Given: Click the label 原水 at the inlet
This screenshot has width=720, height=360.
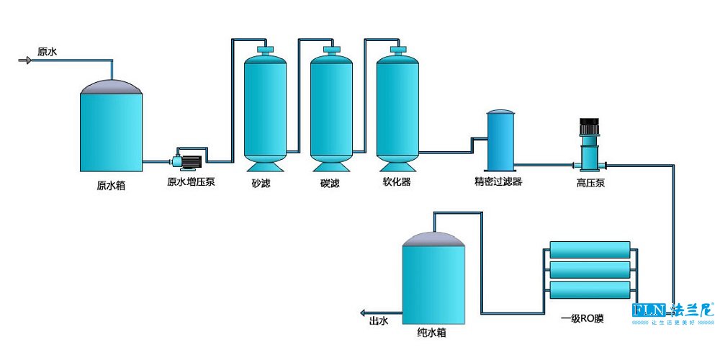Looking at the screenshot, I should click(x=48, y=52).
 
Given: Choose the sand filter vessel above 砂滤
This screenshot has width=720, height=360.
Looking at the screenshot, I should click(x=266, y=108).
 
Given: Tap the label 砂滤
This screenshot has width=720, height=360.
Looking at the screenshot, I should click(x=261, y=183).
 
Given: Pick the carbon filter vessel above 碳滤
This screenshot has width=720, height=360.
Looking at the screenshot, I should click(x=331, y=108).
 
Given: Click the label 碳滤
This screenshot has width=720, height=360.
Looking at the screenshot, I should click(x=330, y=183).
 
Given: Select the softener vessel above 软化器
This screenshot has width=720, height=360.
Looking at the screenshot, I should click(x=397, y=108).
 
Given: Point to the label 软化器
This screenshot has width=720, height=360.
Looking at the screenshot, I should click(x=397, y=182).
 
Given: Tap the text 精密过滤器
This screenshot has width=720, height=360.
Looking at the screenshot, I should click(x=498, y=182).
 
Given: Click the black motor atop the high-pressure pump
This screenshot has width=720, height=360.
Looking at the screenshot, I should click(x=590, y=127).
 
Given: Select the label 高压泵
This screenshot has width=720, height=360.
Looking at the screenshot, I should click(x=590, y=183).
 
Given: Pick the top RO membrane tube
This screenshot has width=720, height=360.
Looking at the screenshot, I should click(x=590, y=251).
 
